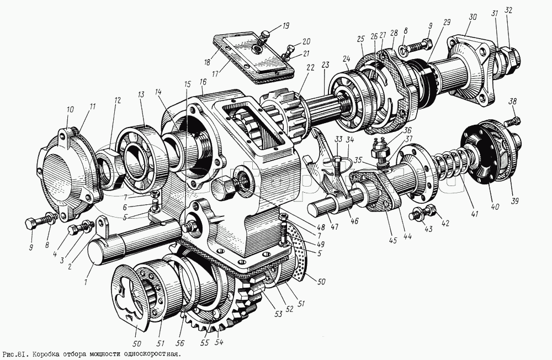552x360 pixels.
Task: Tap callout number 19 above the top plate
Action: point(286,25)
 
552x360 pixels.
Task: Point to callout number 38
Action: point(513,102)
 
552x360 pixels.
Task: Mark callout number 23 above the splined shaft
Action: point(325,65)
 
